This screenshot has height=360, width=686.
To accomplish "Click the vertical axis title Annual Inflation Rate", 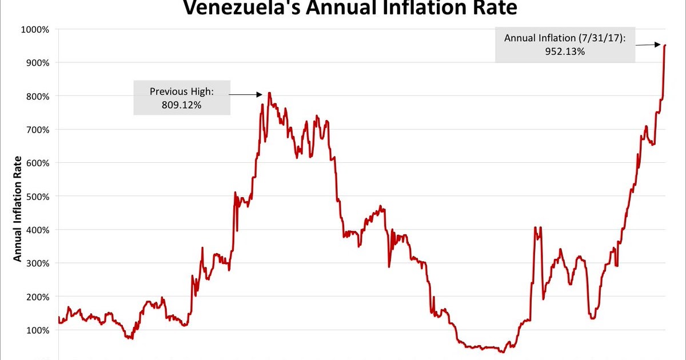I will [x=17, y=209].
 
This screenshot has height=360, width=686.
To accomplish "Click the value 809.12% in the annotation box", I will [x=182, y=105].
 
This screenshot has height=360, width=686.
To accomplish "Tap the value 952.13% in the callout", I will [x=565, y=51].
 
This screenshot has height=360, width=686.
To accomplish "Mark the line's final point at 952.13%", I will [x=665, y=45].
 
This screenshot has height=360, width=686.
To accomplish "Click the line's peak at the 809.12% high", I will [x=269, y=93].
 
